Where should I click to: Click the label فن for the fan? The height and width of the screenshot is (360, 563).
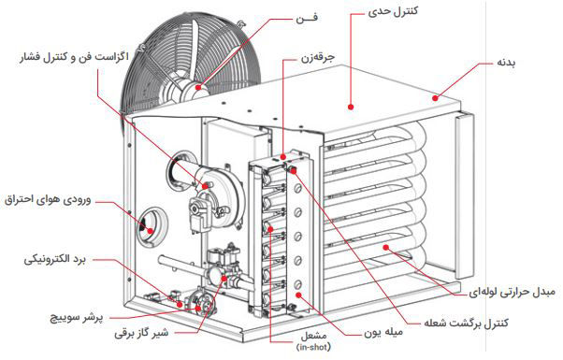[x=307, y=18]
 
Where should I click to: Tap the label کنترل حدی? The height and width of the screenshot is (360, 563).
[x=393, y=11]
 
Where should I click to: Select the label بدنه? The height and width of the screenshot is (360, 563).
[x=506, y=63]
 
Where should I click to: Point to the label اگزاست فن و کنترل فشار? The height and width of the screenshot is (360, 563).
[x=74, y=57]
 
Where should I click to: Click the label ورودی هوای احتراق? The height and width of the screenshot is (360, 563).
[x=48, y=200]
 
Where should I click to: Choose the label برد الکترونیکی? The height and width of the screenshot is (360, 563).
[x=55, y=259]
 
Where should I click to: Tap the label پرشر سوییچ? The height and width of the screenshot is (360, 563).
[x=76, y=318]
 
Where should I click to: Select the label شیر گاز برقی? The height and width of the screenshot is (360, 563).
[x=141, y=333]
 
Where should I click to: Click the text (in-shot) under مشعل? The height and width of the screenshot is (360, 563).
[x=313, y=347]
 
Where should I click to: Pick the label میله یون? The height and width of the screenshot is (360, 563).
[x=383, y=332]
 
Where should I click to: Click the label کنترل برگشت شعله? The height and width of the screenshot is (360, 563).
[x=467, y=323]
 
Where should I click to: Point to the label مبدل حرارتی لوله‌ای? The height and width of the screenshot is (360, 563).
[x=512, y=292]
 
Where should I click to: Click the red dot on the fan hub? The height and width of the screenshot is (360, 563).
[x=198, y=87]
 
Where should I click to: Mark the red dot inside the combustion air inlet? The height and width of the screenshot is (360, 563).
[x=150, y=231]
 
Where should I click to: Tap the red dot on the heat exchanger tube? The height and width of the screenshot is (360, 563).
[x=386, y=247]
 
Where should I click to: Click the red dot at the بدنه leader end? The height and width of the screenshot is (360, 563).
[x=435, y=97]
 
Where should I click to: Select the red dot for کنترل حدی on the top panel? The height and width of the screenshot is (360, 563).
[x=351, y=107]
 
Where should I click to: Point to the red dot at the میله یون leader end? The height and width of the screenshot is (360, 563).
[x=298, y=295]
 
